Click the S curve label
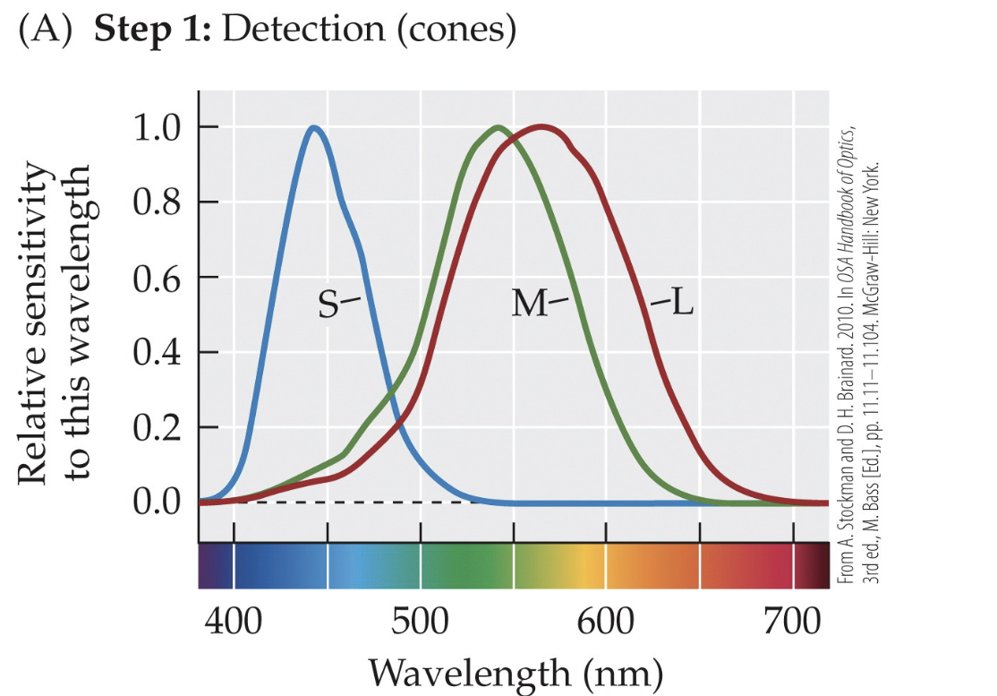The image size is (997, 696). pos(328,305)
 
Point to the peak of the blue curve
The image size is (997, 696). pos(313,127)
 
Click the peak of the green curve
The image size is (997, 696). pos(498,127)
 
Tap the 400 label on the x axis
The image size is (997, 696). pos(234,622)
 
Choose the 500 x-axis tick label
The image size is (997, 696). pos(421,622)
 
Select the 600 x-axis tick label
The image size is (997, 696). pos(607,622)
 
